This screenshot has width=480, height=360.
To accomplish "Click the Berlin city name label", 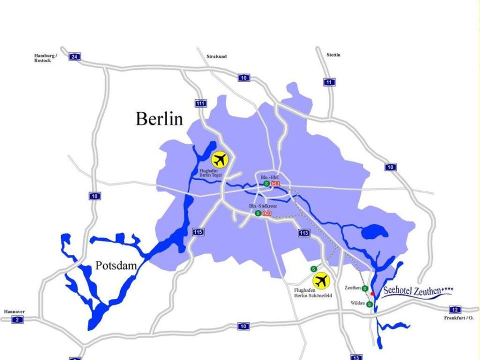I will click(x=159, y=119).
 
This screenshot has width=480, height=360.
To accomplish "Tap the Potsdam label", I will click(x=116, y=266).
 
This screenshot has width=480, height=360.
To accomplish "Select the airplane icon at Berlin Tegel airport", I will click(x=219, y=159).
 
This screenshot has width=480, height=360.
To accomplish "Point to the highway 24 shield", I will click(x=74, y=56).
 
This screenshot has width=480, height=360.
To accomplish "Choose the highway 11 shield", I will click(x=329, y=82).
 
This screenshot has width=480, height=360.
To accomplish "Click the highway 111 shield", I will click(x=200, y=103).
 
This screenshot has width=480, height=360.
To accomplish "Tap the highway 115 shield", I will click(x=198, y=232).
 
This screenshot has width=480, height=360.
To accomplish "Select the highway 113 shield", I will click(x=303, y=232).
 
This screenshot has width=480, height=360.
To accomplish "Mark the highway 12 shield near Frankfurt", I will click(x=454, y=309).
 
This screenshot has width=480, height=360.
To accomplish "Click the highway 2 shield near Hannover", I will click(x=17, y=319).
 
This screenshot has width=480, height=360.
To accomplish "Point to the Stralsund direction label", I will click(x=216, y=56).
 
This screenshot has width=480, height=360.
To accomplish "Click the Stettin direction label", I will click(x=333, y=54).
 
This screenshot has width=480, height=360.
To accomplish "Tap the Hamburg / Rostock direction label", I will click(x=45, y=58).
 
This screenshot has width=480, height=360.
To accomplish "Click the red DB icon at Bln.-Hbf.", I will click(x=274, y=184).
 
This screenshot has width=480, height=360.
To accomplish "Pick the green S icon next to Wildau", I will click(x=369, y=304).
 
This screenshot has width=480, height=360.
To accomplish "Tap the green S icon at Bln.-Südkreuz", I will click(x=257, y=213).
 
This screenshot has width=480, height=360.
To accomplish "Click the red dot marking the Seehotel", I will click(x=372, y=293).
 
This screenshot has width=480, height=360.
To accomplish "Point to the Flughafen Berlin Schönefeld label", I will click(x=313, y=293).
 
